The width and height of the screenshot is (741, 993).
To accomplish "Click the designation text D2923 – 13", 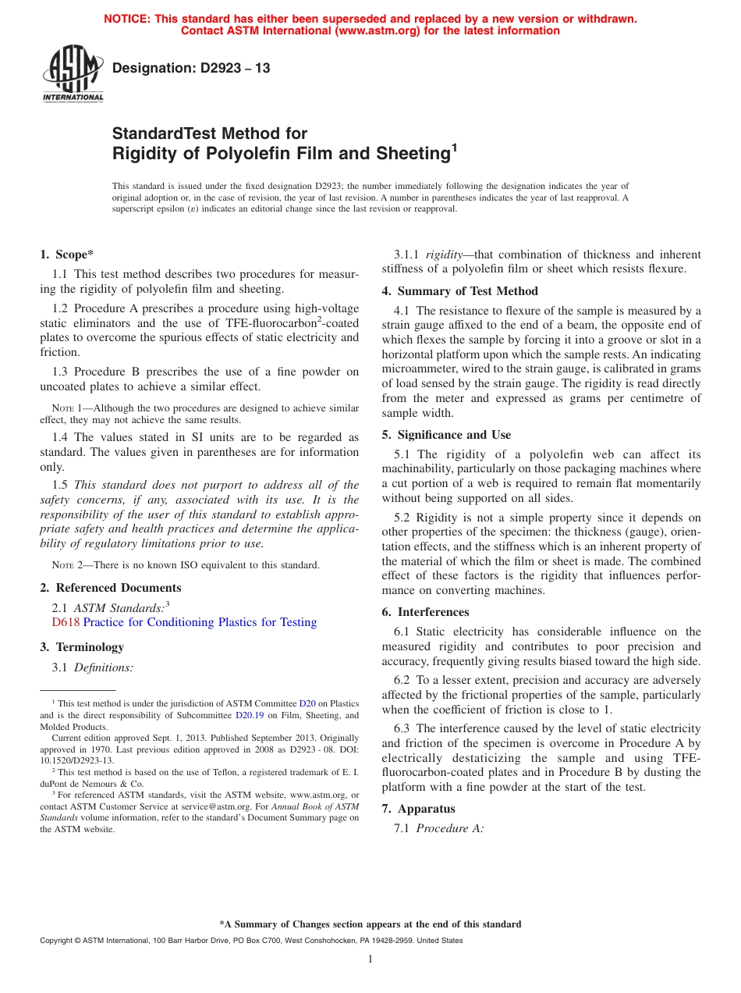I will pyautogui.click(x=191, y=68).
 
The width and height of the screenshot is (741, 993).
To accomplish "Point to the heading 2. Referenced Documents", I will pyautogui.click(x=112, y=588).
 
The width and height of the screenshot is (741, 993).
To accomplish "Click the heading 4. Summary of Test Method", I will pyautogui.click(x=459, y=291).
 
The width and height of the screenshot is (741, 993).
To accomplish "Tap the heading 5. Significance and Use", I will pyautogui.click(x=446, y=435).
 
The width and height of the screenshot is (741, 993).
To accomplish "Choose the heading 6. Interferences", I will pyautogui.click(x=425, y=612).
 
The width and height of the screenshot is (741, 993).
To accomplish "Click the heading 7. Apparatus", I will pyautogui.click(x=418, y=809).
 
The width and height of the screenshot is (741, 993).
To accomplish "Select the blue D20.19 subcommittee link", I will pyautogui.click(x=250, y=714).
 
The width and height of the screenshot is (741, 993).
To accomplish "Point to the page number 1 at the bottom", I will pyautogui.click(x=370, y=959).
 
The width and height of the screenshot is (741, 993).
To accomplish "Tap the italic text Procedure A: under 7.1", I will pyautogui.click(x=450, y=828).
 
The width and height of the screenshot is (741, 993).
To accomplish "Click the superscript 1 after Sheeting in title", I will pyautogui.click(x=455, y=148).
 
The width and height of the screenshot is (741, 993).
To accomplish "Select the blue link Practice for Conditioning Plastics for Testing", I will pyautogui.click(x=200, y=622).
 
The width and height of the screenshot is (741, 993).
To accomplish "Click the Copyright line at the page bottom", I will pyautogui.click(x=251, y=941).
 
